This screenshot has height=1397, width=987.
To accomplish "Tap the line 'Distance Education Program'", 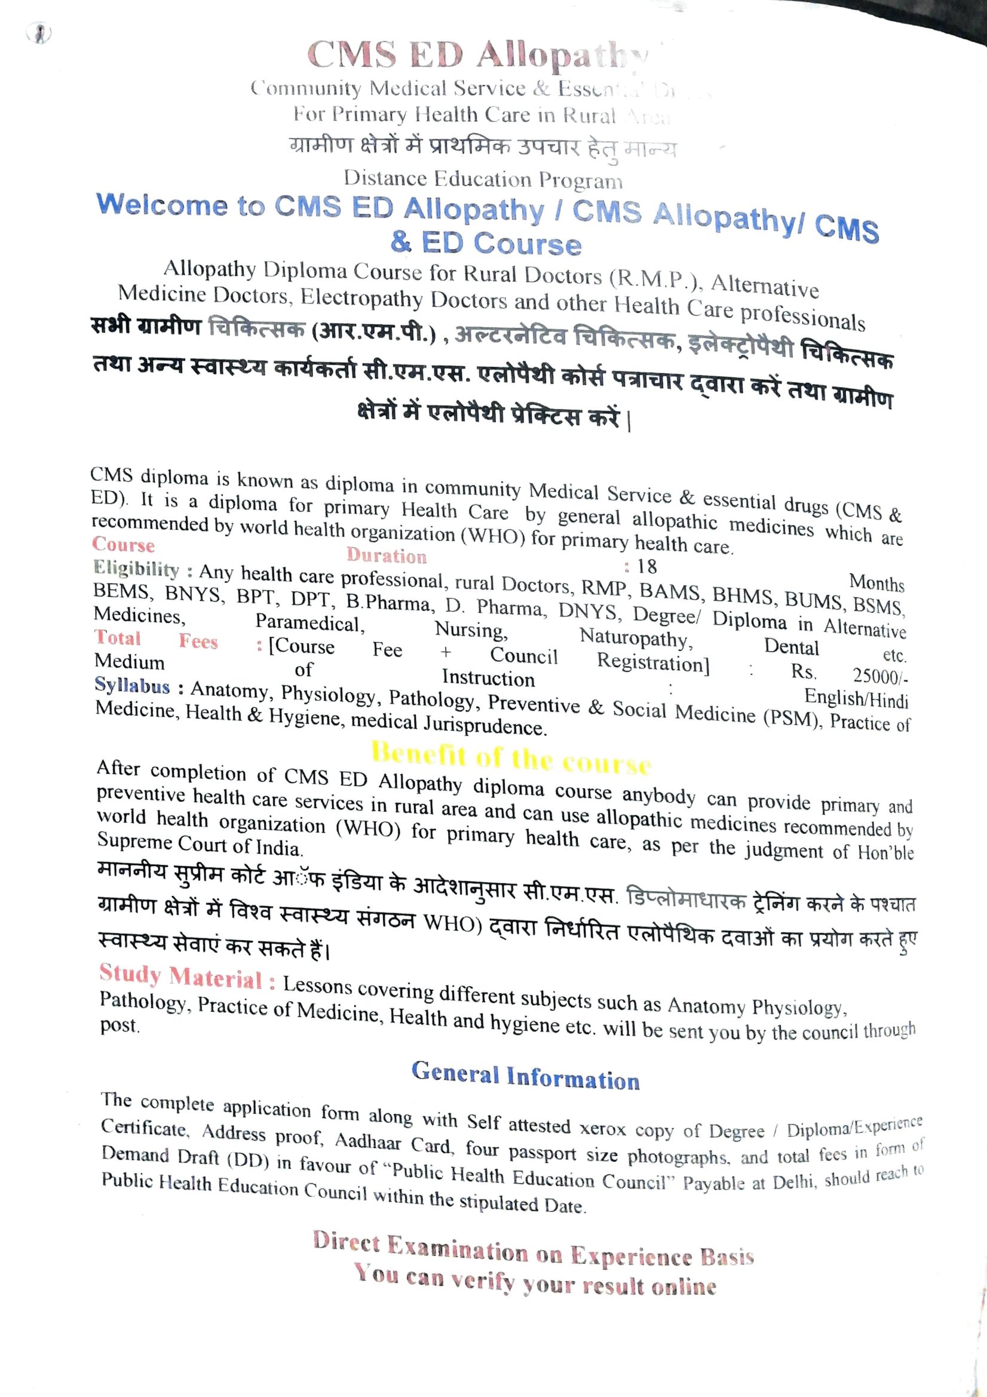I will tap(483, 179).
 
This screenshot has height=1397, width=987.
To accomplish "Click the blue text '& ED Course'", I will tap(486, 242).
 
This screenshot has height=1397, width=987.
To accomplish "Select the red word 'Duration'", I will tap(387, 555).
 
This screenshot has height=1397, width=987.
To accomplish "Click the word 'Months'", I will tap(876, 583).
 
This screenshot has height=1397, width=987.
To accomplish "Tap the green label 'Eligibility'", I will tap(136, 568).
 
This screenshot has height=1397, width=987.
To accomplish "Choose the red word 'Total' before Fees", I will tap(118, 638).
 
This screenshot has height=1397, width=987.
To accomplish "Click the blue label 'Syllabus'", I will tap(133, 686).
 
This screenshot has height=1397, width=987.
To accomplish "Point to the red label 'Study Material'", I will tap(180, 976).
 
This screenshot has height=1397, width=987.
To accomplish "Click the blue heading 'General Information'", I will tap(526, 1076).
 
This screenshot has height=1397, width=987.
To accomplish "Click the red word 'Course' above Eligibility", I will tap(124, 544).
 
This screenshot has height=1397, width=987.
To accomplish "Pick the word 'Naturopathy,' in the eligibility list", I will tap(636, 638).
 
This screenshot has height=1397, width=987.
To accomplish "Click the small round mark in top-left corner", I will tap(39, 33).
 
